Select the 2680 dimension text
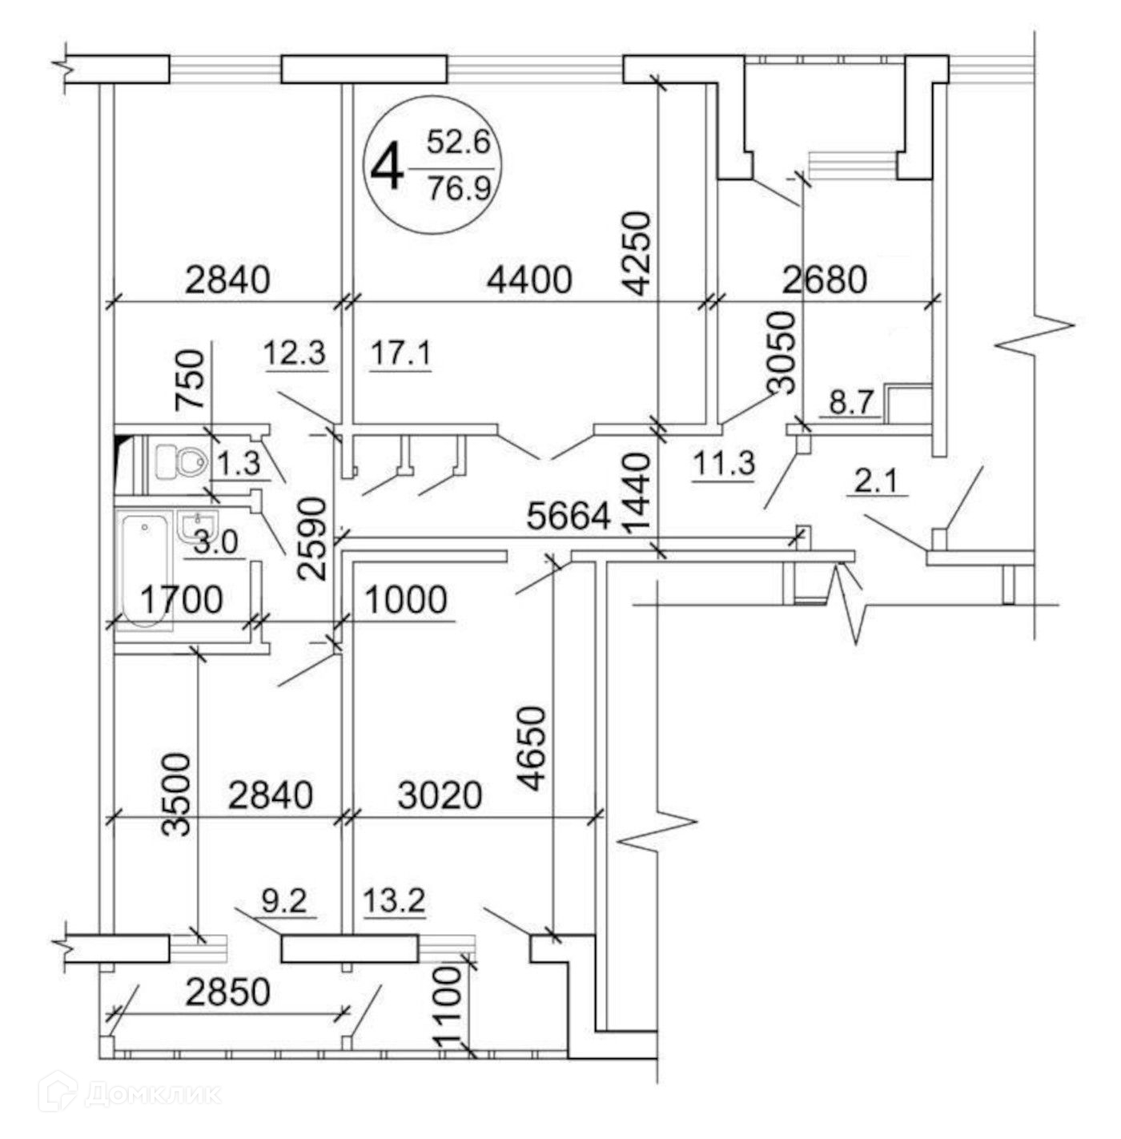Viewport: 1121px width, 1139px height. pyautogui.click(x=824, y=280)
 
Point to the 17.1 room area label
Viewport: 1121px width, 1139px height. pyautogui.click(x=401, y=353)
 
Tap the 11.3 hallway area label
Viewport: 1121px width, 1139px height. pyautogui.click(x=724, y=464)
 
